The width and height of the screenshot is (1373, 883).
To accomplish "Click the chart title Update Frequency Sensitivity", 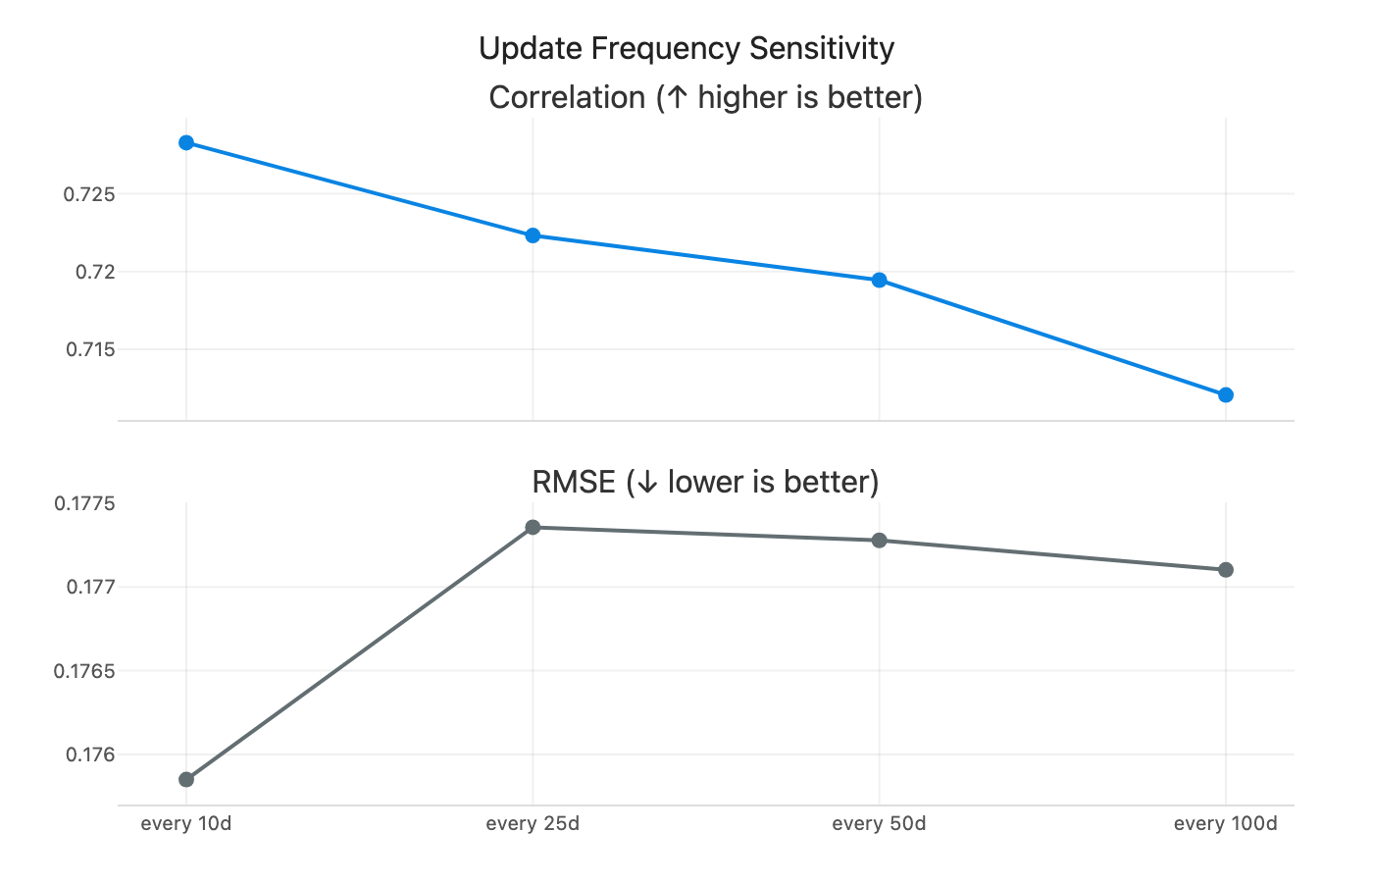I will tap(686, 48).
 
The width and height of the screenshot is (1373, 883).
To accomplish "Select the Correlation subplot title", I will tap(705, 97).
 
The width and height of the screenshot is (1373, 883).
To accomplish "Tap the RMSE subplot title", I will tap(705, 482).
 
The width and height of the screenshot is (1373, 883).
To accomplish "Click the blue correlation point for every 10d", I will tap(186, 142).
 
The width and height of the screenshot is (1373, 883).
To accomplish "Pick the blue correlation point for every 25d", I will tap(533, 235).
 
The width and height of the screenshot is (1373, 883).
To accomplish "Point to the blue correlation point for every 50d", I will tap(879, 280).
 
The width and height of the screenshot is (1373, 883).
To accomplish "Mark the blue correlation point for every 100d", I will tap(1225, 394).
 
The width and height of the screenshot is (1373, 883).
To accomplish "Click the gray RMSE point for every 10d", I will tap(186, 779).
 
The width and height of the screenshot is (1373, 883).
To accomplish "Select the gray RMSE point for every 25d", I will tap(533, 527).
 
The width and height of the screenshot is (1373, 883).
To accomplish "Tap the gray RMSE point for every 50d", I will tap(879, 540).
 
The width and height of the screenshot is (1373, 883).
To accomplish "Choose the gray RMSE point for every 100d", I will tap(1225, 569).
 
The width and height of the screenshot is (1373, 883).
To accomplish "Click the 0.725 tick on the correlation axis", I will tap(89, 194).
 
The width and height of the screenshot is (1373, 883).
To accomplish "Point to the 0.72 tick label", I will tap(94, 272).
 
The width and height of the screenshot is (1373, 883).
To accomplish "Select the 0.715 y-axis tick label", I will tap(89, 349).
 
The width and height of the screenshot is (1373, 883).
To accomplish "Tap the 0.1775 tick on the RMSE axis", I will tap(84, 503).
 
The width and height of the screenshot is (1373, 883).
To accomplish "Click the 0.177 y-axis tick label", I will tap(89, 587).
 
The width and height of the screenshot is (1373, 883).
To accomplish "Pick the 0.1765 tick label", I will tap(84, 671).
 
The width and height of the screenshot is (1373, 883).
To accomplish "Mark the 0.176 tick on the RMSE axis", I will tap(89, 754).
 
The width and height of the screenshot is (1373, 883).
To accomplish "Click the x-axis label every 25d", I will tap(533, 823).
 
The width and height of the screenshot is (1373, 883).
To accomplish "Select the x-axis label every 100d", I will tap(1225, 823).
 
